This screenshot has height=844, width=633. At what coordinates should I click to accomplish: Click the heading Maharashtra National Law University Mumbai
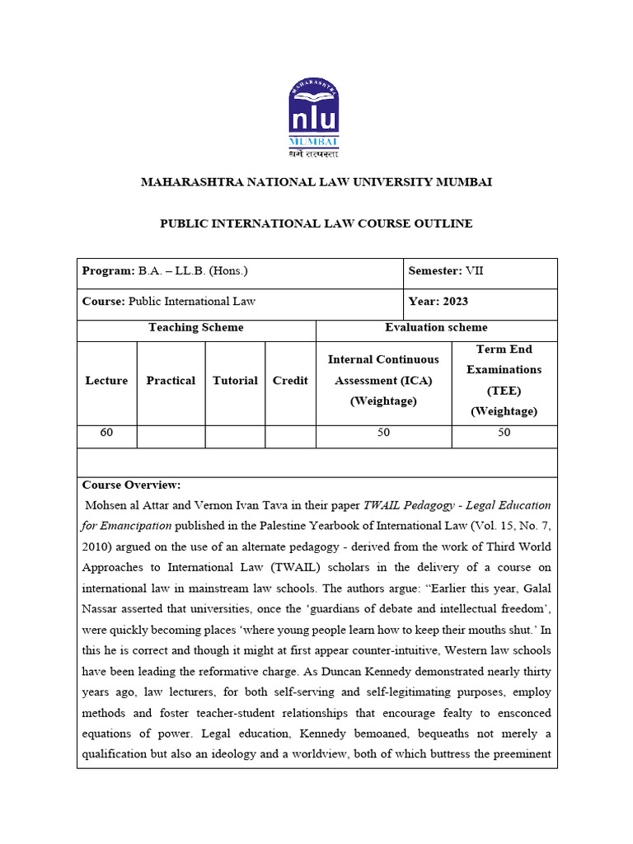[316, 181]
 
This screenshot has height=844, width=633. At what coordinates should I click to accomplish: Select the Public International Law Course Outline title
[316, 223]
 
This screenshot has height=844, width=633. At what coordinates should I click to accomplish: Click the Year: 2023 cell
[438, 302]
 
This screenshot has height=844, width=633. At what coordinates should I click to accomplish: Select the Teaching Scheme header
[196, 328]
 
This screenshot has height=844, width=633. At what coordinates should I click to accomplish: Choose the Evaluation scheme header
[436, 328]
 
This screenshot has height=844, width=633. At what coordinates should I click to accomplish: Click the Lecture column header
[106, 381]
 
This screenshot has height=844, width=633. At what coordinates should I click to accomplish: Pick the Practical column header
[171, 381]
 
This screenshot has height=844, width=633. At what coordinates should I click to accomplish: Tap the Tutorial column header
[235, 381]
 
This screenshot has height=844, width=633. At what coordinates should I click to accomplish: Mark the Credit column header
[290, 381]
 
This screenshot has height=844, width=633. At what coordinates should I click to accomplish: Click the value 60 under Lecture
[106, 433]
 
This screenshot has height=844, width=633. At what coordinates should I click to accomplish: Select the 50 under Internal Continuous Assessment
[383, 433]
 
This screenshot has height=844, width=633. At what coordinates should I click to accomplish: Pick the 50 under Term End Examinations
[504, 433]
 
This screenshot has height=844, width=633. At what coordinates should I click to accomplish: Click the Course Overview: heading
[131, 485]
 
